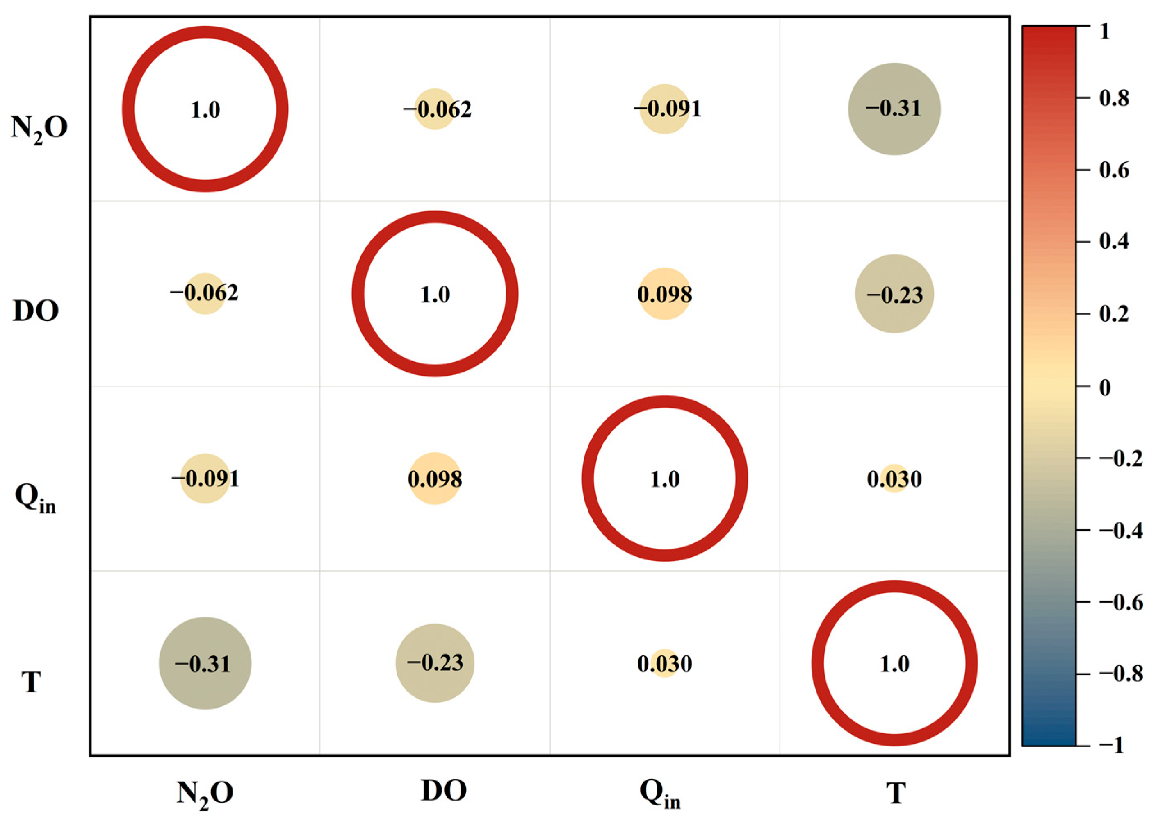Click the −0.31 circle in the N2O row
click(x=894, y=109)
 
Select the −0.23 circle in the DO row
click(x=894, y=294)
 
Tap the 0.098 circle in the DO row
click(x=664, y=294)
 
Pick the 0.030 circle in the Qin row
click(x=894, y=478)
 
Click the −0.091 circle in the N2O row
click(x=664, y=109)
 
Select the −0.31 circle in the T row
click(x=205, y=663)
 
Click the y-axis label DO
click(x=35, y=311)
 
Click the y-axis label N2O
click(x=39, y=127)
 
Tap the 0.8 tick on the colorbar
click(x=1113, y=98)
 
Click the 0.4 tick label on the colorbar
click(x=1113, y=242)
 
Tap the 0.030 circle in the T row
click(x=664, y=663)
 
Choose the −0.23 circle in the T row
click(x=435, y=663)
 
